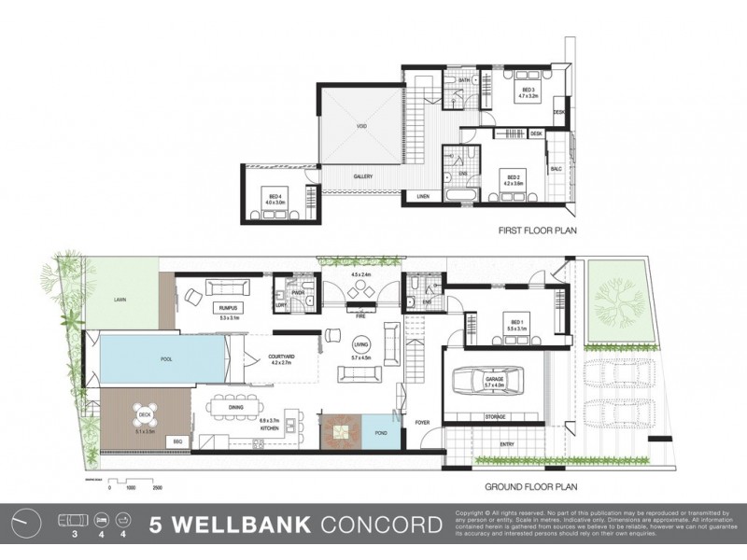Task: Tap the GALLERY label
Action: point(363,176)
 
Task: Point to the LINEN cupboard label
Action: point(423,196)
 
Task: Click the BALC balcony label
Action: point(555,169)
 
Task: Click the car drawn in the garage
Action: point(479,381)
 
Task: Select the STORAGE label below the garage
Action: point(494,416)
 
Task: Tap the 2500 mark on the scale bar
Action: point(157,486)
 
